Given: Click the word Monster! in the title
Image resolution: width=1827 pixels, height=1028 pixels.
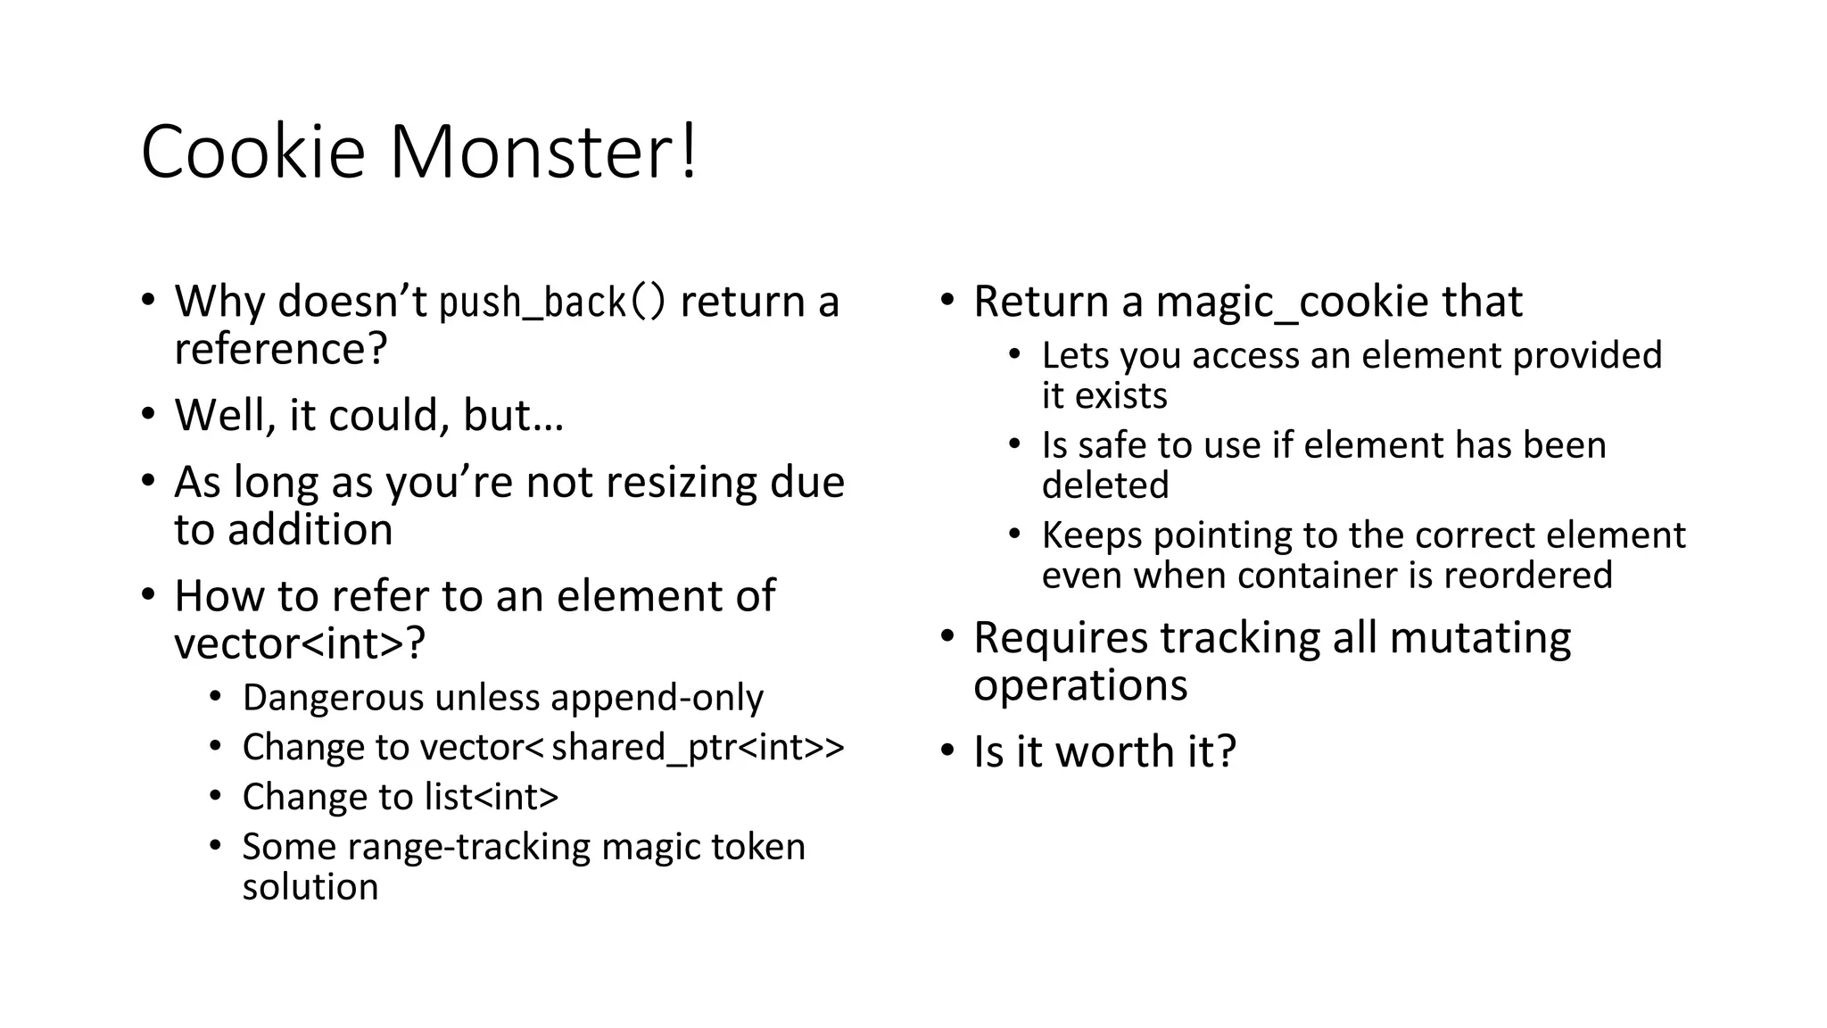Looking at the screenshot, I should tap(543, 152).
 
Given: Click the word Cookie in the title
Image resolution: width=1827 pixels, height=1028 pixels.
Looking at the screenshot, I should tap(253, 152).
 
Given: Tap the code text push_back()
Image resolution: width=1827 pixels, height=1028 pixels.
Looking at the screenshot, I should tap(553, 302).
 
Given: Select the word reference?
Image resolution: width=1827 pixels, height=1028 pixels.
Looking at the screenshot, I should tap(281, 348).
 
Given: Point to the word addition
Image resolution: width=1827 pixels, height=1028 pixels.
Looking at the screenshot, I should tap(310, 530).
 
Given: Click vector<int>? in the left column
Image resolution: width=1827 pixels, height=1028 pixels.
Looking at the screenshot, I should tap(300, 643).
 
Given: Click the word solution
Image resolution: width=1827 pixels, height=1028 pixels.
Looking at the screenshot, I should tap(310, 887).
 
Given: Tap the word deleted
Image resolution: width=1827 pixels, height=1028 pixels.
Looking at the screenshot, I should tap(1105, 485).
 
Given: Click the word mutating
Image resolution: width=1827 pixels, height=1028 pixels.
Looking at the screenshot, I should tap(1480, 638).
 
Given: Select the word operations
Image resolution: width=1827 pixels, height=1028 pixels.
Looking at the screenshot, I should tap(1080, 685).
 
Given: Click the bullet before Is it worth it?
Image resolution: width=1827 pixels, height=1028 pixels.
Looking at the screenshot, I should tap(947, 750).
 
